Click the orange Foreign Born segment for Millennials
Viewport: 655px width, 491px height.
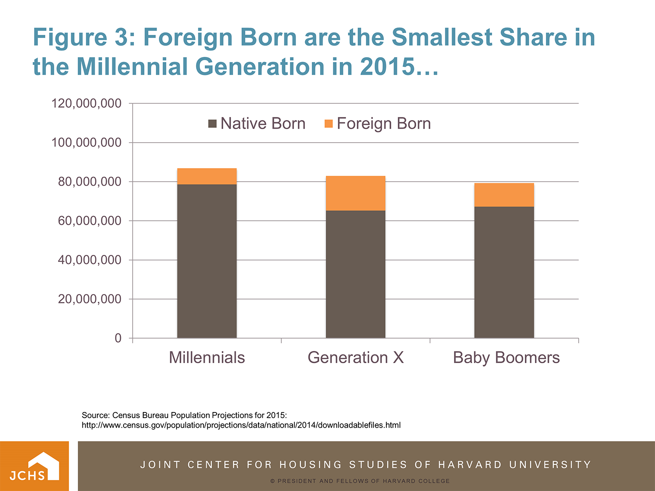[x=207, y=176]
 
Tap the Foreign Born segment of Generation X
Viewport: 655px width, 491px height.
[x=355, y=193]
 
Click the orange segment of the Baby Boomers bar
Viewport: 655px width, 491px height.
[x=504, y=195]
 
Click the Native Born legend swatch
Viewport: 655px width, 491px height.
[x=213, y=124]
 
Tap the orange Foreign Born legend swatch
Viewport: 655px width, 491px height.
[x=329, y=124]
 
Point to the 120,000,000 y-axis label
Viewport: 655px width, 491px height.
[x=86, y=103]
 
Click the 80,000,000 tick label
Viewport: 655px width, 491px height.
[x=90, y=182]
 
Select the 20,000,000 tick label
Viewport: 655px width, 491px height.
[x=90, y=299]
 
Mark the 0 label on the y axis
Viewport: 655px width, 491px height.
[x=118, y=338]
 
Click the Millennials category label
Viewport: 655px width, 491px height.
[x=207, y=357]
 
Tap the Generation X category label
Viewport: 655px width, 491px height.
[x=355, y=357]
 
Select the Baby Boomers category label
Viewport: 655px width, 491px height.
[x=506, y=357]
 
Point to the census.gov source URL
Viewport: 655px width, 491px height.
[x=241, y=425]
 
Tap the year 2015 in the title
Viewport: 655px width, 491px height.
[x=387, y=67]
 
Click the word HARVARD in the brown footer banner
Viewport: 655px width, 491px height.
[x=470, y=464]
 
